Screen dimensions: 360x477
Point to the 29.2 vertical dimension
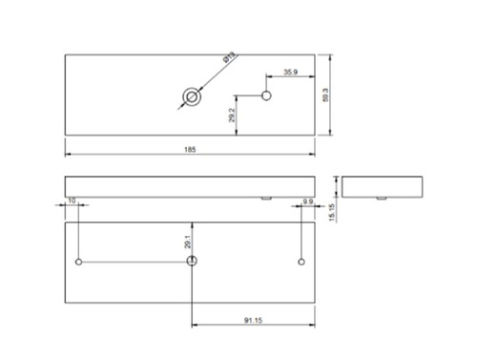233,116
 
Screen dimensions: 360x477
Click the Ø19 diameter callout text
230,60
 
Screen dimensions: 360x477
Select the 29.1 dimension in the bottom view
188,244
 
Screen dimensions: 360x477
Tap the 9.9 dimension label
307,201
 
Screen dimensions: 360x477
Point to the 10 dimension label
73,201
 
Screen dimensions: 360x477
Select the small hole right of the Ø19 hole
267,95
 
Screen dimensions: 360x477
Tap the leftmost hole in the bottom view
78,261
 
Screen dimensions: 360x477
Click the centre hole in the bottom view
194,260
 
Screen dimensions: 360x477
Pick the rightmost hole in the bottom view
301,261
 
